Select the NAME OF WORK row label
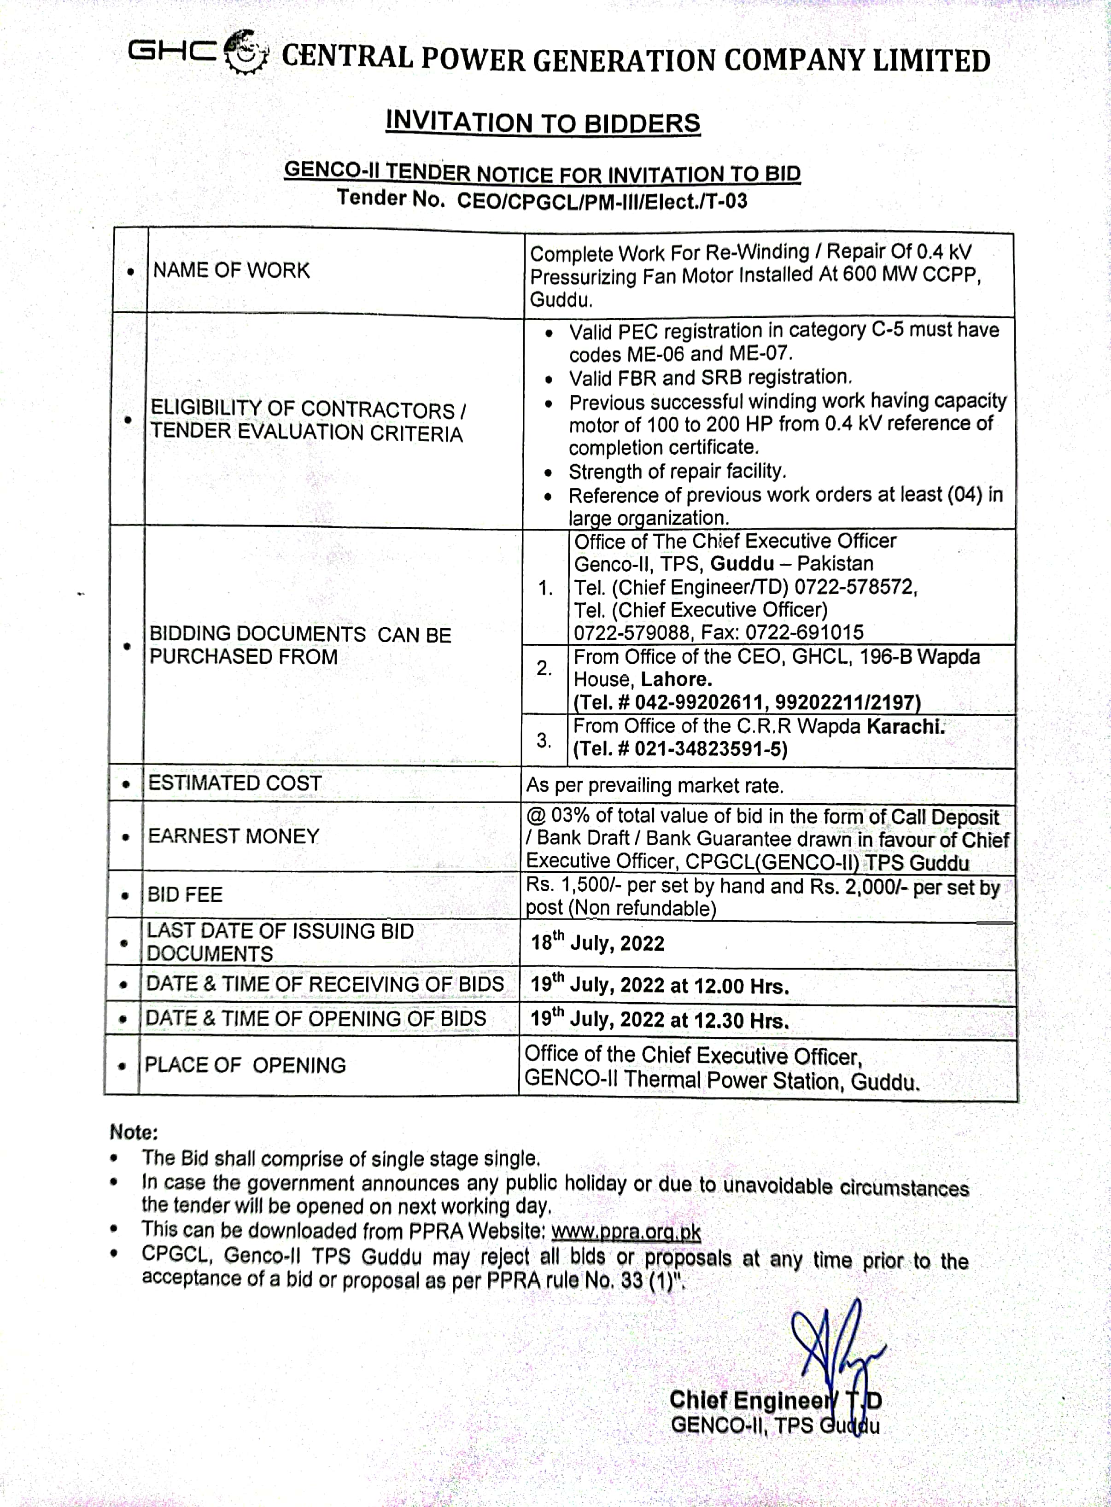point(231,270)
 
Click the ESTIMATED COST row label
point(235,783)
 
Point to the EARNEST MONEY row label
point(234,836)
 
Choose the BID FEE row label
point(185,895)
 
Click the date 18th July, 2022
point(597,943)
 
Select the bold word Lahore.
point(676,679)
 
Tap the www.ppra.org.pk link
point(626,1232)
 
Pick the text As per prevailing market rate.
point(655,785)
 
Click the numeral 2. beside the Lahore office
point(544,668)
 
